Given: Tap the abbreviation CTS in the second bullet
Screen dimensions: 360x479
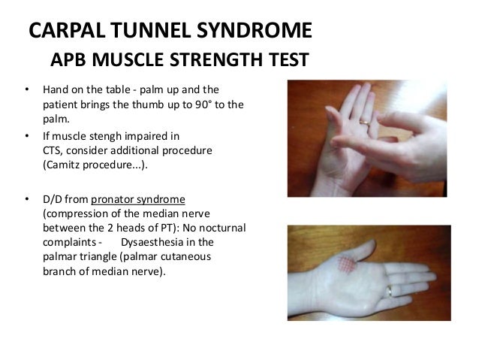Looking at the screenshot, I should [x=52, y=151].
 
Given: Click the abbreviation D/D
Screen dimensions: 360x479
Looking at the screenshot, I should [x=53, y=198].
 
